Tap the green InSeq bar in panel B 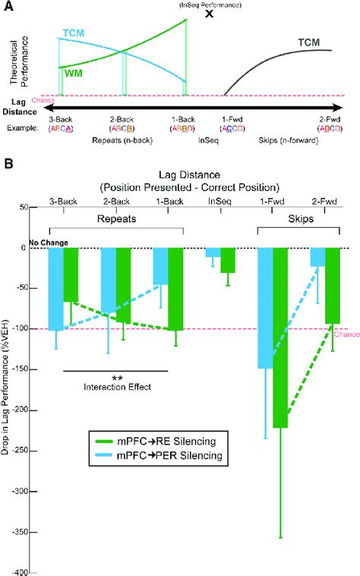point(228,260)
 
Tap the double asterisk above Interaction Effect point(118,378)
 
